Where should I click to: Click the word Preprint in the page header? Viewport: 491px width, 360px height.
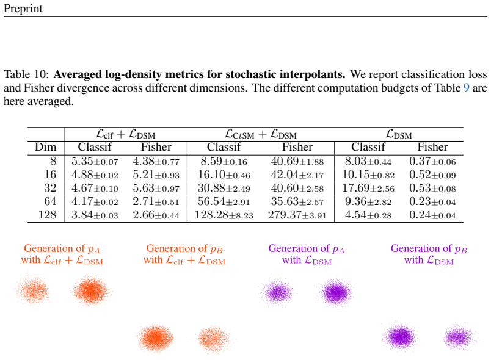(23, 9)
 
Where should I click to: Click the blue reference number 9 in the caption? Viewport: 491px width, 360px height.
(466, 88)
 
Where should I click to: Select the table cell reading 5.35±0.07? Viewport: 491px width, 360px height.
(95, 162)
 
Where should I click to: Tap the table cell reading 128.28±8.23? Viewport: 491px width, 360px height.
(224, 215)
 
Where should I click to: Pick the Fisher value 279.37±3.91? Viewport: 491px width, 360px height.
(297, 215)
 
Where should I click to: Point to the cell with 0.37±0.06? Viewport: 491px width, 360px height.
(432, 162)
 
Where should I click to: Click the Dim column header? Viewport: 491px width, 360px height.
(45, 147)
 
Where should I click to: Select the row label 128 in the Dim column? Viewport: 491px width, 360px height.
(47, 215)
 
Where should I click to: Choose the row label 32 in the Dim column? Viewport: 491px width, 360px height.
(50, 189)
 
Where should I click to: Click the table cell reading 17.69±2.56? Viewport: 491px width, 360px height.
(368, 189)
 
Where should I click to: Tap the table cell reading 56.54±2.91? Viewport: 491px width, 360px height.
(224, 202)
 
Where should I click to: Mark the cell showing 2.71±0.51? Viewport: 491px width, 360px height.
(156, 202)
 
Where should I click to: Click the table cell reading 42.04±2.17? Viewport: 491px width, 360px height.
(297, 175)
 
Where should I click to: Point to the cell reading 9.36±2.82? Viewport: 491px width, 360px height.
(368, 202)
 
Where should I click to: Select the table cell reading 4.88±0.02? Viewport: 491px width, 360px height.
(95, 175)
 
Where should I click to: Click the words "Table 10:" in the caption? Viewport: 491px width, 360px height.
(26, 74)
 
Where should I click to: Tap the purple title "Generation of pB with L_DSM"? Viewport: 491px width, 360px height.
(429, 254)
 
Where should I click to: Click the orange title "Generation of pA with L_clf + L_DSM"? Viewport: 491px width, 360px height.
(62, 254)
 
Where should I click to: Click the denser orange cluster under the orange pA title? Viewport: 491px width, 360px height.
(91, 290)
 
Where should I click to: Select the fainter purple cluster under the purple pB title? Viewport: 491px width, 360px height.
(459, 337)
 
